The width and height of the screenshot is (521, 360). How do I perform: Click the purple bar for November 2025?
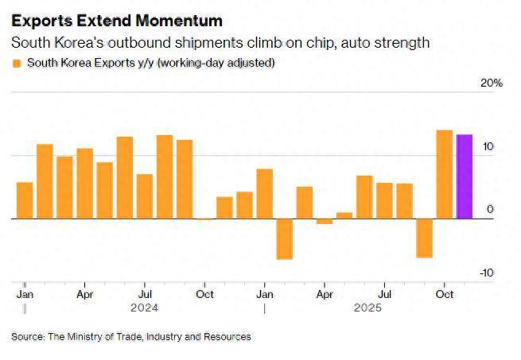[x=464, y=176]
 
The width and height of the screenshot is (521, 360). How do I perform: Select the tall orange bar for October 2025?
[x=444, y=174]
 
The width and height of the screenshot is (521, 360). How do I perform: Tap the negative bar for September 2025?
[x=424, y=238]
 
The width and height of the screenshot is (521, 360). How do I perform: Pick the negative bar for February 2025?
[x=284, y=238]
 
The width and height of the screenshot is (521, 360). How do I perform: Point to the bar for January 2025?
[x=264, y=194]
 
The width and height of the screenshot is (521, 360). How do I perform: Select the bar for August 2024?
[x=165, y=176]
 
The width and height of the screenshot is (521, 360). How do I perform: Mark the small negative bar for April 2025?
[x=324, y=221]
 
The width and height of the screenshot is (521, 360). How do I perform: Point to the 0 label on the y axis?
[x=491, y=210]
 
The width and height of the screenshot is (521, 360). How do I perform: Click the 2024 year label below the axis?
[x=145, y=308]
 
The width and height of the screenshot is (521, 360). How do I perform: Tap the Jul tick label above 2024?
[x=145, y=292]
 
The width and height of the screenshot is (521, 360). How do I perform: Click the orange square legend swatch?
[x=16, y=63]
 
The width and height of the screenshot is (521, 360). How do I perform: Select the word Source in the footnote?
[x=27, y=337]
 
